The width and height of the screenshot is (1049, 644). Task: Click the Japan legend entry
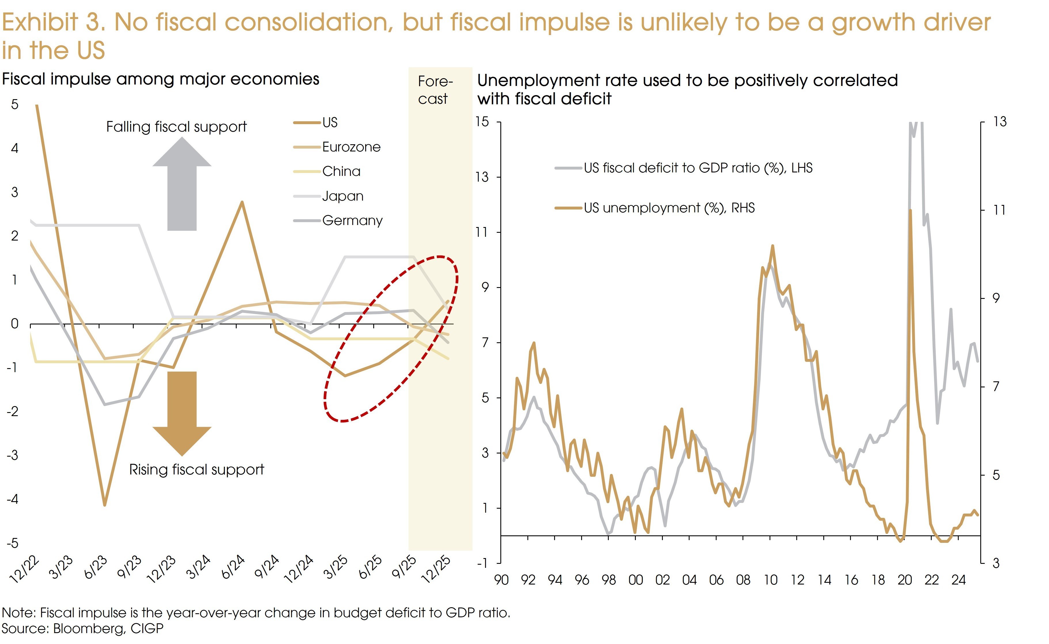pyautogui.click(x=342, y=196)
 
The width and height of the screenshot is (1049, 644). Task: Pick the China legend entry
pyautogui.click(x=341, y=172)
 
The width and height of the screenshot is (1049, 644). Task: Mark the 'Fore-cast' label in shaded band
pyautogui.click(x=434, y=90)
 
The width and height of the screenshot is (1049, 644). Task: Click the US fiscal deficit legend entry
pyautogui.click(x=698, y=168)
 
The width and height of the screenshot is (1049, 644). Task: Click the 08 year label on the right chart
pyautogui.click(x=743, y=580)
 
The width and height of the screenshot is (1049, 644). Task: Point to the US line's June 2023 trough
pyautogui.click(x=104, y=505)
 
